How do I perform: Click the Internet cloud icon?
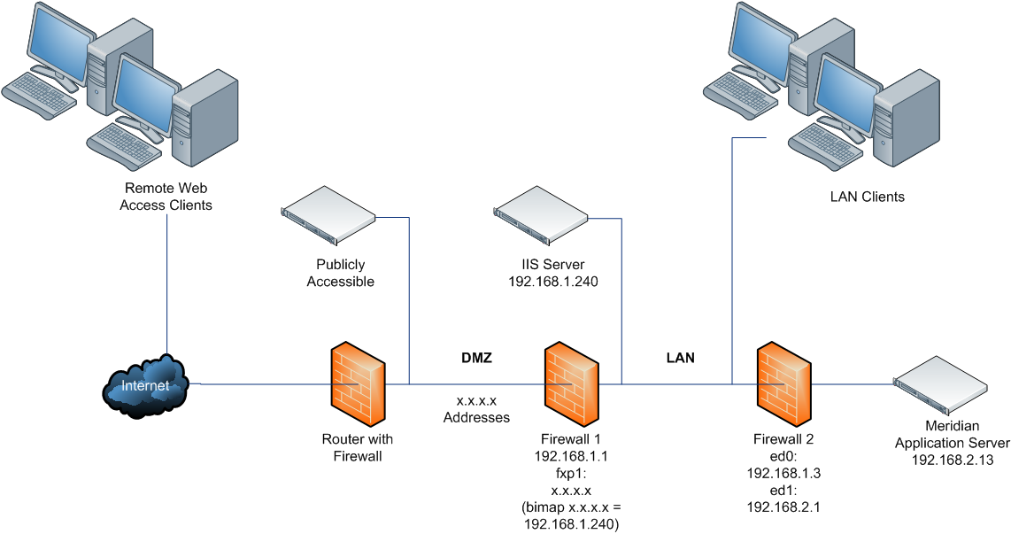coord(146,385)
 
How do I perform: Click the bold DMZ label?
coord(476,359)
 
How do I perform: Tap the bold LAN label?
coord(680,359)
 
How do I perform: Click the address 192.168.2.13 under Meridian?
coord(952,459)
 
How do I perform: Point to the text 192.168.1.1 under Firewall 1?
coord(571,456)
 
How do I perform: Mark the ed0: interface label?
coord(783,456)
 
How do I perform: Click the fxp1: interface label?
coord(571,473)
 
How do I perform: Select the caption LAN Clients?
coord(867,197)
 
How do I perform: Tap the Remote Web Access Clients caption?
coord(168,197)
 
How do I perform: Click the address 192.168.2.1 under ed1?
coord(783,507)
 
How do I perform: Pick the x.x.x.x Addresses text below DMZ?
coord(476,408)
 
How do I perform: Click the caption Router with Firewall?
coord(358,447)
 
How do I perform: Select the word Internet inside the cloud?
coord(144,386)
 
